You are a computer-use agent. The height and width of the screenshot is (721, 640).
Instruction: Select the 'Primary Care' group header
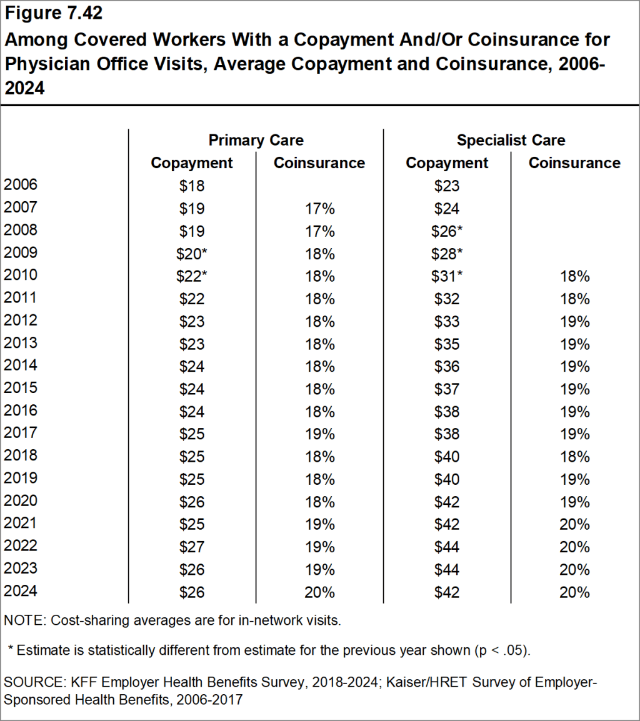[256, 140]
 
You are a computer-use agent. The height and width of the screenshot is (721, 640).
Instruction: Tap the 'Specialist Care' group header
[511, 140]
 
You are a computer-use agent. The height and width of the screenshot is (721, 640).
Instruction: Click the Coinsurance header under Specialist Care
[574, 163]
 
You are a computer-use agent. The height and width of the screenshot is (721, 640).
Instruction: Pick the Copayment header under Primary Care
[192, 163]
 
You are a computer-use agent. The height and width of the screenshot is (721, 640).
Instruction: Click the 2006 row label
[21, 185]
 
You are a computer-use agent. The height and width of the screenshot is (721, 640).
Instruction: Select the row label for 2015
[21, 388]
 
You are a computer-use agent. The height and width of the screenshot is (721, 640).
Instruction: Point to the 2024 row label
[21, 591]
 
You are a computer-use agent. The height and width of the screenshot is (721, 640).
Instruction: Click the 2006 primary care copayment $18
[191, 186]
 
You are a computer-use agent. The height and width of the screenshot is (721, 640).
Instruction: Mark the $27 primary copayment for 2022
[191, 547]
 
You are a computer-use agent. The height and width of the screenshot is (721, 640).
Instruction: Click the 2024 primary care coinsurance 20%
[319, 592]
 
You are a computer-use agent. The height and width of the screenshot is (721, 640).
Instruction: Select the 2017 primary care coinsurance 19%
[319, 434]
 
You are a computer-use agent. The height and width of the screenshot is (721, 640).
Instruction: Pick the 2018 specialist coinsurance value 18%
[574, 456]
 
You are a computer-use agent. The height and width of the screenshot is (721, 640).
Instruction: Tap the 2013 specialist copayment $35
[447, 344]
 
